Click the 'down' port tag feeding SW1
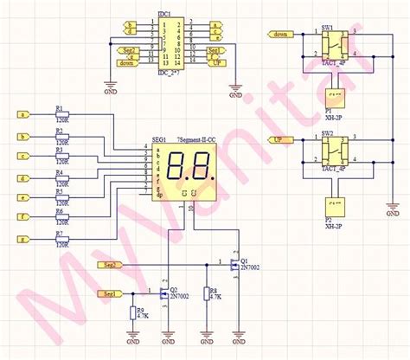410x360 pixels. click(x=281, y=35)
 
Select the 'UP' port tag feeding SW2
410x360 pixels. click(x=279, y=139)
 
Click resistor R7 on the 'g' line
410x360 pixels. click(x=62, y=240)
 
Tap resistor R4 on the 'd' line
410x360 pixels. click(x=62, y=177)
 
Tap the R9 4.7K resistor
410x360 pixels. click(x=132, y=313)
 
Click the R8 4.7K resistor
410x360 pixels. click(x=205, y=294)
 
